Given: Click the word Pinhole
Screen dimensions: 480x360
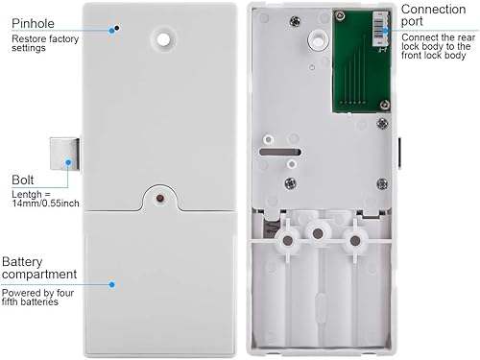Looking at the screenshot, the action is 33,23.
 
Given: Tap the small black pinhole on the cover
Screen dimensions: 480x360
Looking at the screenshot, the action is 117,28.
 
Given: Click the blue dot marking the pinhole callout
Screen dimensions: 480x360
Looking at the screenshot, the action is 111,31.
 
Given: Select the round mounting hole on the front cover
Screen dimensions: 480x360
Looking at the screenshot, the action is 163,40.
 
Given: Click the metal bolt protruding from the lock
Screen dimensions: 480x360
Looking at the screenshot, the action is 64,154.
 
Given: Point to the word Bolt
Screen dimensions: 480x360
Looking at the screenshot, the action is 22,180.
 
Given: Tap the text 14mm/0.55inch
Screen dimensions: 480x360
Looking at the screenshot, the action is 46,204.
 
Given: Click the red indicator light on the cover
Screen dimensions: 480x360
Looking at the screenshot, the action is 160,199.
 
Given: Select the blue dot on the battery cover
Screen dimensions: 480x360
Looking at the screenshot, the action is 111,284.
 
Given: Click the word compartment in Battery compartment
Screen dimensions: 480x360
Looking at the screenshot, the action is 39,275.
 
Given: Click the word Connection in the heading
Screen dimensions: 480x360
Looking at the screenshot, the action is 434,10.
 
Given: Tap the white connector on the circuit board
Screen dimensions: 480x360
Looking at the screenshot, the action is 380,29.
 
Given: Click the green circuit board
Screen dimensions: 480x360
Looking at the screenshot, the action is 362,61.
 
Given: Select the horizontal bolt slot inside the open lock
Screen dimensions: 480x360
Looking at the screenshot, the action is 280,152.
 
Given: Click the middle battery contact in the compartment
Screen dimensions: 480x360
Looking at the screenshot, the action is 318,233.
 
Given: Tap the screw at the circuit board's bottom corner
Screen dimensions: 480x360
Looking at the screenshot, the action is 385,105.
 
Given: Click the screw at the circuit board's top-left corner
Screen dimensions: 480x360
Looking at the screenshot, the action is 340,15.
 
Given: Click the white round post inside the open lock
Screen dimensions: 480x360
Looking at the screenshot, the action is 318,39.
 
